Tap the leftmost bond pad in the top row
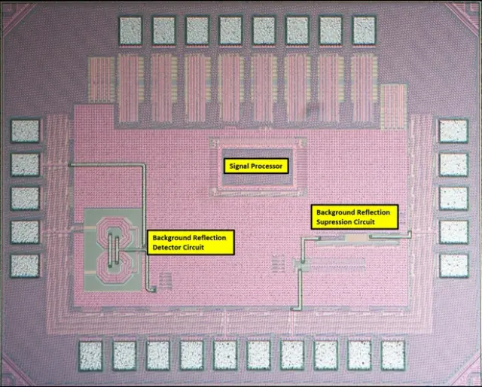130,29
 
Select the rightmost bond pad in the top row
364,29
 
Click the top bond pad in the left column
25,131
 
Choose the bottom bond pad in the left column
25,265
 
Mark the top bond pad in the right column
454,131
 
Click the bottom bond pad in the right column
454,265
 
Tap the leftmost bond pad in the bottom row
90,355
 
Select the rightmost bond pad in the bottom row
393,355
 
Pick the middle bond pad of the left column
25,198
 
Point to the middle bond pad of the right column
454,198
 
